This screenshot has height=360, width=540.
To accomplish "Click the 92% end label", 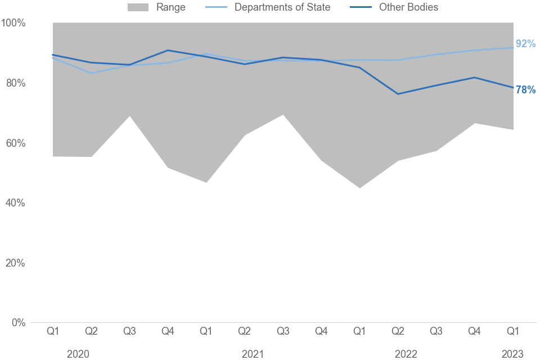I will (525, 44).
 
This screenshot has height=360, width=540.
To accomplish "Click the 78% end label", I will (525, 90).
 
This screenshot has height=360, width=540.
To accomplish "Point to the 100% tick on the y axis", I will (13, 23).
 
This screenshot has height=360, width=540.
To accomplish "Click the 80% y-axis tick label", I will (16, 83).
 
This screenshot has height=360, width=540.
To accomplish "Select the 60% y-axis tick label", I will (16, 143).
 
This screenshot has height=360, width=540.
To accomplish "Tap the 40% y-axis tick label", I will (16, 203).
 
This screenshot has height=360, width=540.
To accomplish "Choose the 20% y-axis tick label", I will (16, 263).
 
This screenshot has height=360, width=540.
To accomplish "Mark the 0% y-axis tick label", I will (19, 323).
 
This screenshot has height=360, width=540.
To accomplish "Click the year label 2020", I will (78, 354).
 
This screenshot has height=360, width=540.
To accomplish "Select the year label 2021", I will (253, 354).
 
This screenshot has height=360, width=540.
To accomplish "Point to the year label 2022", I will (406, 354).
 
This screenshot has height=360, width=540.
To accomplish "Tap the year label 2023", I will (512, 354).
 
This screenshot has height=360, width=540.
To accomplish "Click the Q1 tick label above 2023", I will (513, 332).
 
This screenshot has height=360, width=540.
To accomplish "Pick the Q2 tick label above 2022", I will (398, 332).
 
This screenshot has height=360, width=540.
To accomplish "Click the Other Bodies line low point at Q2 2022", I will (398, 94).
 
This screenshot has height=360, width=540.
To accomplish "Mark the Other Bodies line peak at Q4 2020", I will (168, 51).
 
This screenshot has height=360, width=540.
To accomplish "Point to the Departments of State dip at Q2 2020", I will (91, 73).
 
